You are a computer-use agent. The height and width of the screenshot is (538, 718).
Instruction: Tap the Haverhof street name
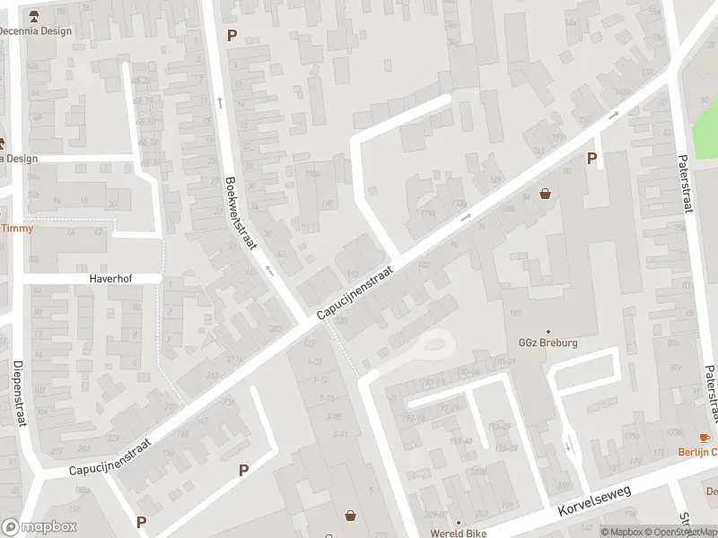[110, 279]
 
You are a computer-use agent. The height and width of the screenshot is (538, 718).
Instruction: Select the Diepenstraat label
[17, 395]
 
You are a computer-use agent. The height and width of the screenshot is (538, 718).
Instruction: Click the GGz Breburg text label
[547, 343]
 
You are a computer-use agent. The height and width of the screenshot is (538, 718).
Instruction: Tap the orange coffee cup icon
[704, 437]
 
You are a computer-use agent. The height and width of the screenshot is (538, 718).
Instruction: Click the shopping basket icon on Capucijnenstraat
[545, 193]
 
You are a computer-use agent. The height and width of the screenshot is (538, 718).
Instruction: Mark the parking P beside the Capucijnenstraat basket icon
[591, 159]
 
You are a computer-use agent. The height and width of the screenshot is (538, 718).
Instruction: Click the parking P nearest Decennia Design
[232, 36]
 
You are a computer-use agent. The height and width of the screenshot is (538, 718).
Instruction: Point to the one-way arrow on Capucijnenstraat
[465, 217]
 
